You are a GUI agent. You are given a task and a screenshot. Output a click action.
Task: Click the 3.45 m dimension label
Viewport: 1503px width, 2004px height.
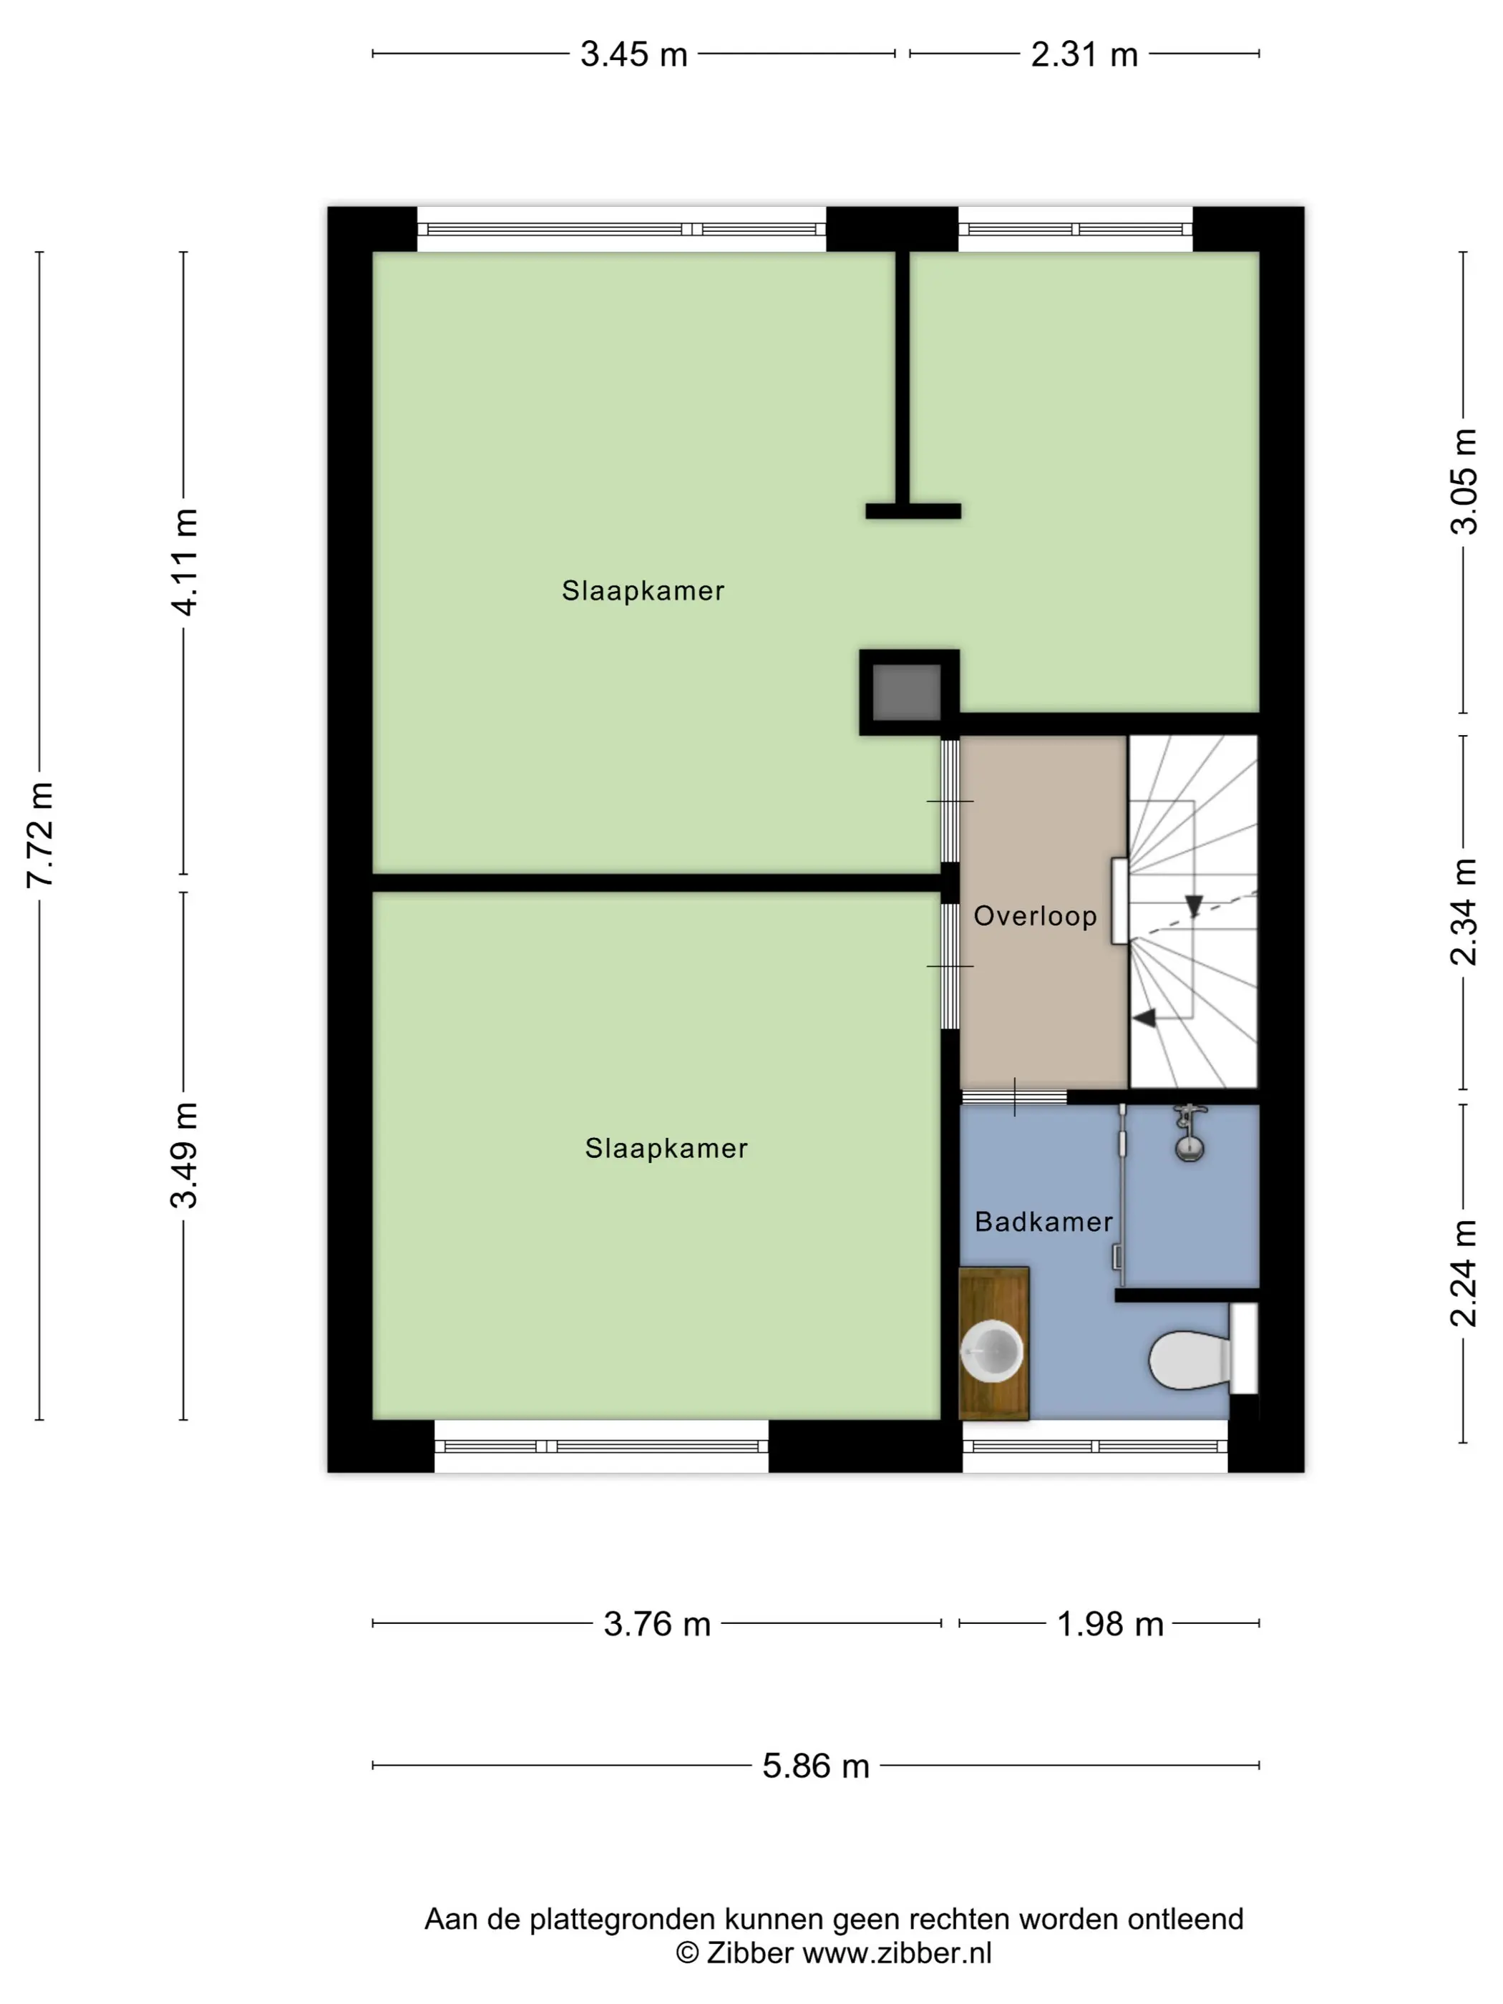tap(633, 54)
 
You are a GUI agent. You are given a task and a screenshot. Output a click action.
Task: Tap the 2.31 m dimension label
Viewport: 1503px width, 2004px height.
tap(1084, 54)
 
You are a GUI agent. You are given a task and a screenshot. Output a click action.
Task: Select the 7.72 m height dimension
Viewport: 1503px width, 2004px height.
tap(40, 835)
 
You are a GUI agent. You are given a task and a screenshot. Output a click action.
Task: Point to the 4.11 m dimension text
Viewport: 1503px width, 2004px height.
tap(184, 562)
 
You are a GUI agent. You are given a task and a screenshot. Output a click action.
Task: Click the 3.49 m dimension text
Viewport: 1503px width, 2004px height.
tap(184, 1155)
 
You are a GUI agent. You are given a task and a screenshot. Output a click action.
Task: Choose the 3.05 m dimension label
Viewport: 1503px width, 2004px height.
tap(1463, 481)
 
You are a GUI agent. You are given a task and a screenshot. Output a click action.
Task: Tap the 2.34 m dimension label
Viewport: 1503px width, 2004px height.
tap(1463, 911)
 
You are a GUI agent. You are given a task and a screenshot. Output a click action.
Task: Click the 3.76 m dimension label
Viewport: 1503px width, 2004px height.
tap(657, 1623)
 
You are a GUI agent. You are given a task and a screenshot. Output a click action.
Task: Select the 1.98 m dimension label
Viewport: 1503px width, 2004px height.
tap(1110, 1623)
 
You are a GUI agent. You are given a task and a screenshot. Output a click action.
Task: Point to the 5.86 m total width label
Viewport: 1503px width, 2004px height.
tap(815, 1766)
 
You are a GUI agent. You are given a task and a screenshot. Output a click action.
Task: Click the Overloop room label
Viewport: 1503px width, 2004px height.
tap(1035, 916)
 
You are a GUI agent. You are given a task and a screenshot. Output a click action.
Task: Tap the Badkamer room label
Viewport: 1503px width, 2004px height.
tap(1044, 1221)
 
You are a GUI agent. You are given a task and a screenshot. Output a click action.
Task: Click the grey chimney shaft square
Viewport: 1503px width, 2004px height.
tap(906, 692)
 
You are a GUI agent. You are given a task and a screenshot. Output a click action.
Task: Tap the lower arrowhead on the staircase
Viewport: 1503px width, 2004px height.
tap(1144, 1018)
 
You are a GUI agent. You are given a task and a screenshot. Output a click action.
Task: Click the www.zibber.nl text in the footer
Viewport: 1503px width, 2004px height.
tap(897, 1952)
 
